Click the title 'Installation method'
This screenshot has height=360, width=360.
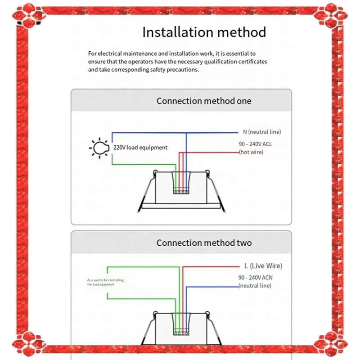[204, 32]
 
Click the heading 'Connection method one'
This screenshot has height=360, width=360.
[204, 101]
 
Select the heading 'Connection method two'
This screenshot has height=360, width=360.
[204, 243]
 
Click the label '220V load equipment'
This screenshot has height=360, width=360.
[140, 148]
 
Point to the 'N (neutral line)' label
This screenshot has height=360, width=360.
[261, 132]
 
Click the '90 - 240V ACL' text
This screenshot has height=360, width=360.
[255, 144]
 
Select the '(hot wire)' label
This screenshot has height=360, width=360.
[251, 153]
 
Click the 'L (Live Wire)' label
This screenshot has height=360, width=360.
[262, 266]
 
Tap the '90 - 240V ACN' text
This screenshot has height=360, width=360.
[255, 278]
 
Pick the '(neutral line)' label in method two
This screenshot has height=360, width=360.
[255, 286]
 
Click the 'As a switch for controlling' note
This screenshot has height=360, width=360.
[105, 280]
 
